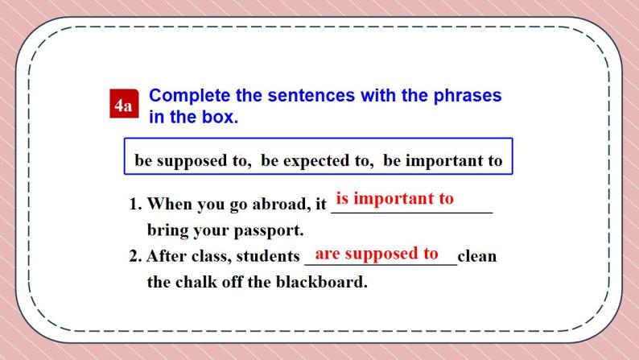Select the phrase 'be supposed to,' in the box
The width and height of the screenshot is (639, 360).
click(x=193, y=160)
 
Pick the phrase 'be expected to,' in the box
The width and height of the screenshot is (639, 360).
click(x=318, y=160)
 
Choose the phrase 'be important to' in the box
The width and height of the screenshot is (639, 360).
click(x=443, y=160)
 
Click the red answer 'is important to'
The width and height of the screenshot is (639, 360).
click(x=394, y=198)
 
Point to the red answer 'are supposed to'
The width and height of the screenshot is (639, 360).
click(x=377, y=254)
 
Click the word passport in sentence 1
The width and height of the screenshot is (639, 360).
click(x=266, y=230)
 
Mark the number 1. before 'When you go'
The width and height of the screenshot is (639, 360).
click(x=136, y=204)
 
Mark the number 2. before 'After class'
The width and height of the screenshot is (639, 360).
click(x=136, y=257)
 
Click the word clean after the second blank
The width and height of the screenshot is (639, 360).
click(x=477, y=257)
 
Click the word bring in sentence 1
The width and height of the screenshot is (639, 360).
click(x=167, y=230)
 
